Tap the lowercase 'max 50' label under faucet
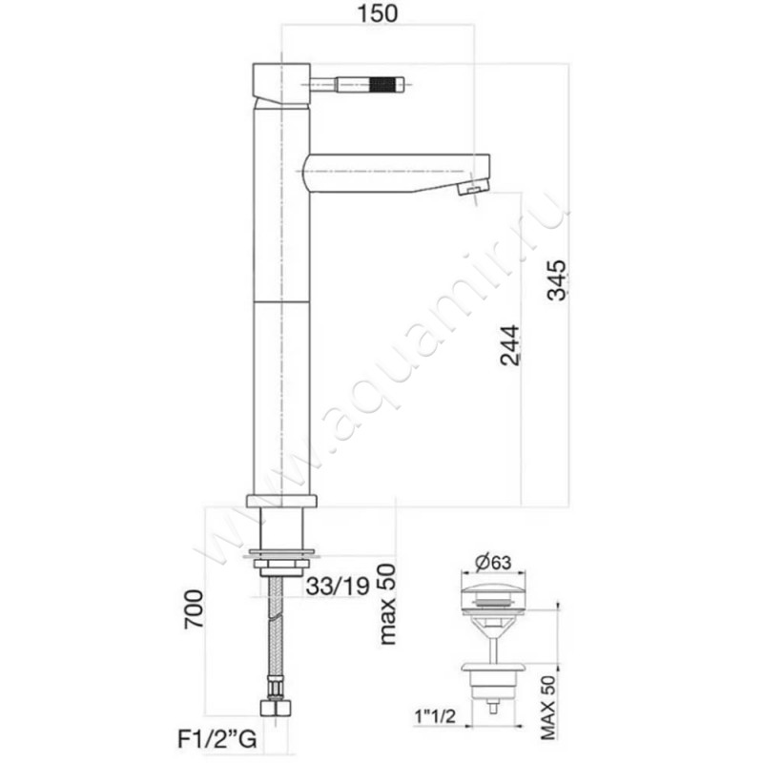coord(386,602)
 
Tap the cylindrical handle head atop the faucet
coord(279,82)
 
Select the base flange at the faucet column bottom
coord(281,500)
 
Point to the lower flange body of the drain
coord(492,675)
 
